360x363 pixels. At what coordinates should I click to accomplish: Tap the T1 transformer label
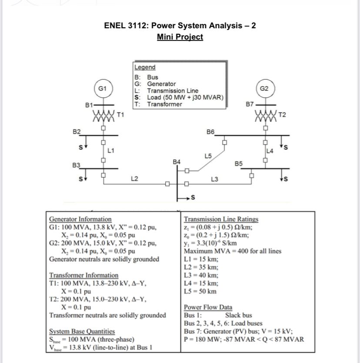coord(121,115)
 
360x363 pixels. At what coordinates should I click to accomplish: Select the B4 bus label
coord(177,161)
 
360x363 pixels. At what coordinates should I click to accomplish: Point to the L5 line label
coord(208,155)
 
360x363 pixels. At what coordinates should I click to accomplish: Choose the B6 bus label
coord(210,131)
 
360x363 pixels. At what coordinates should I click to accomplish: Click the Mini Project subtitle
coord(180,37)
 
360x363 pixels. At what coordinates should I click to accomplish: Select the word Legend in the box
coord(145,67)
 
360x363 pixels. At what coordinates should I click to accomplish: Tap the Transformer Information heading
coord(83,275)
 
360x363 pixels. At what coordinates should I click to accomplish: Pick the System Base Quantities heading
coord(82,331)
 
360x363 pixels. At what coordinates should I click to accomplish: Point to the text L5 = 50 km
coord(200,291)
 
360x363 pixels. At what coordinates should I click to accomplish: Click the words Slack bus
coord(238,315)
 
